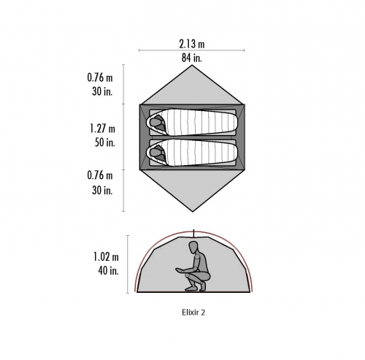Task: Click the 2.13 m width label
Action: point(192,44)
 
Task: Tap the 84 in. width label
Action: point(192,58)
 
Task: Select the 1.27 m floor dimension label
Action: point(102,129)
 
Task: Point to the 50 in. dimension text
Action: point(104,142)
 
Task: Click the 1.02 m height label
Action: point(106,257)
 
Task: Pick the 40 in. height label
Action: point(109,270)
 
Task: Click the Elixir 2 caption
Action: point(193,313)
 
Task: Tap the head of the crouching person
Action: point(193,248)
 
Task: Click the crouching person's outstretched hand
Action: point(180,269)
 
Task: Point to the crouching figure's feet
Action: point(195,288)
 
